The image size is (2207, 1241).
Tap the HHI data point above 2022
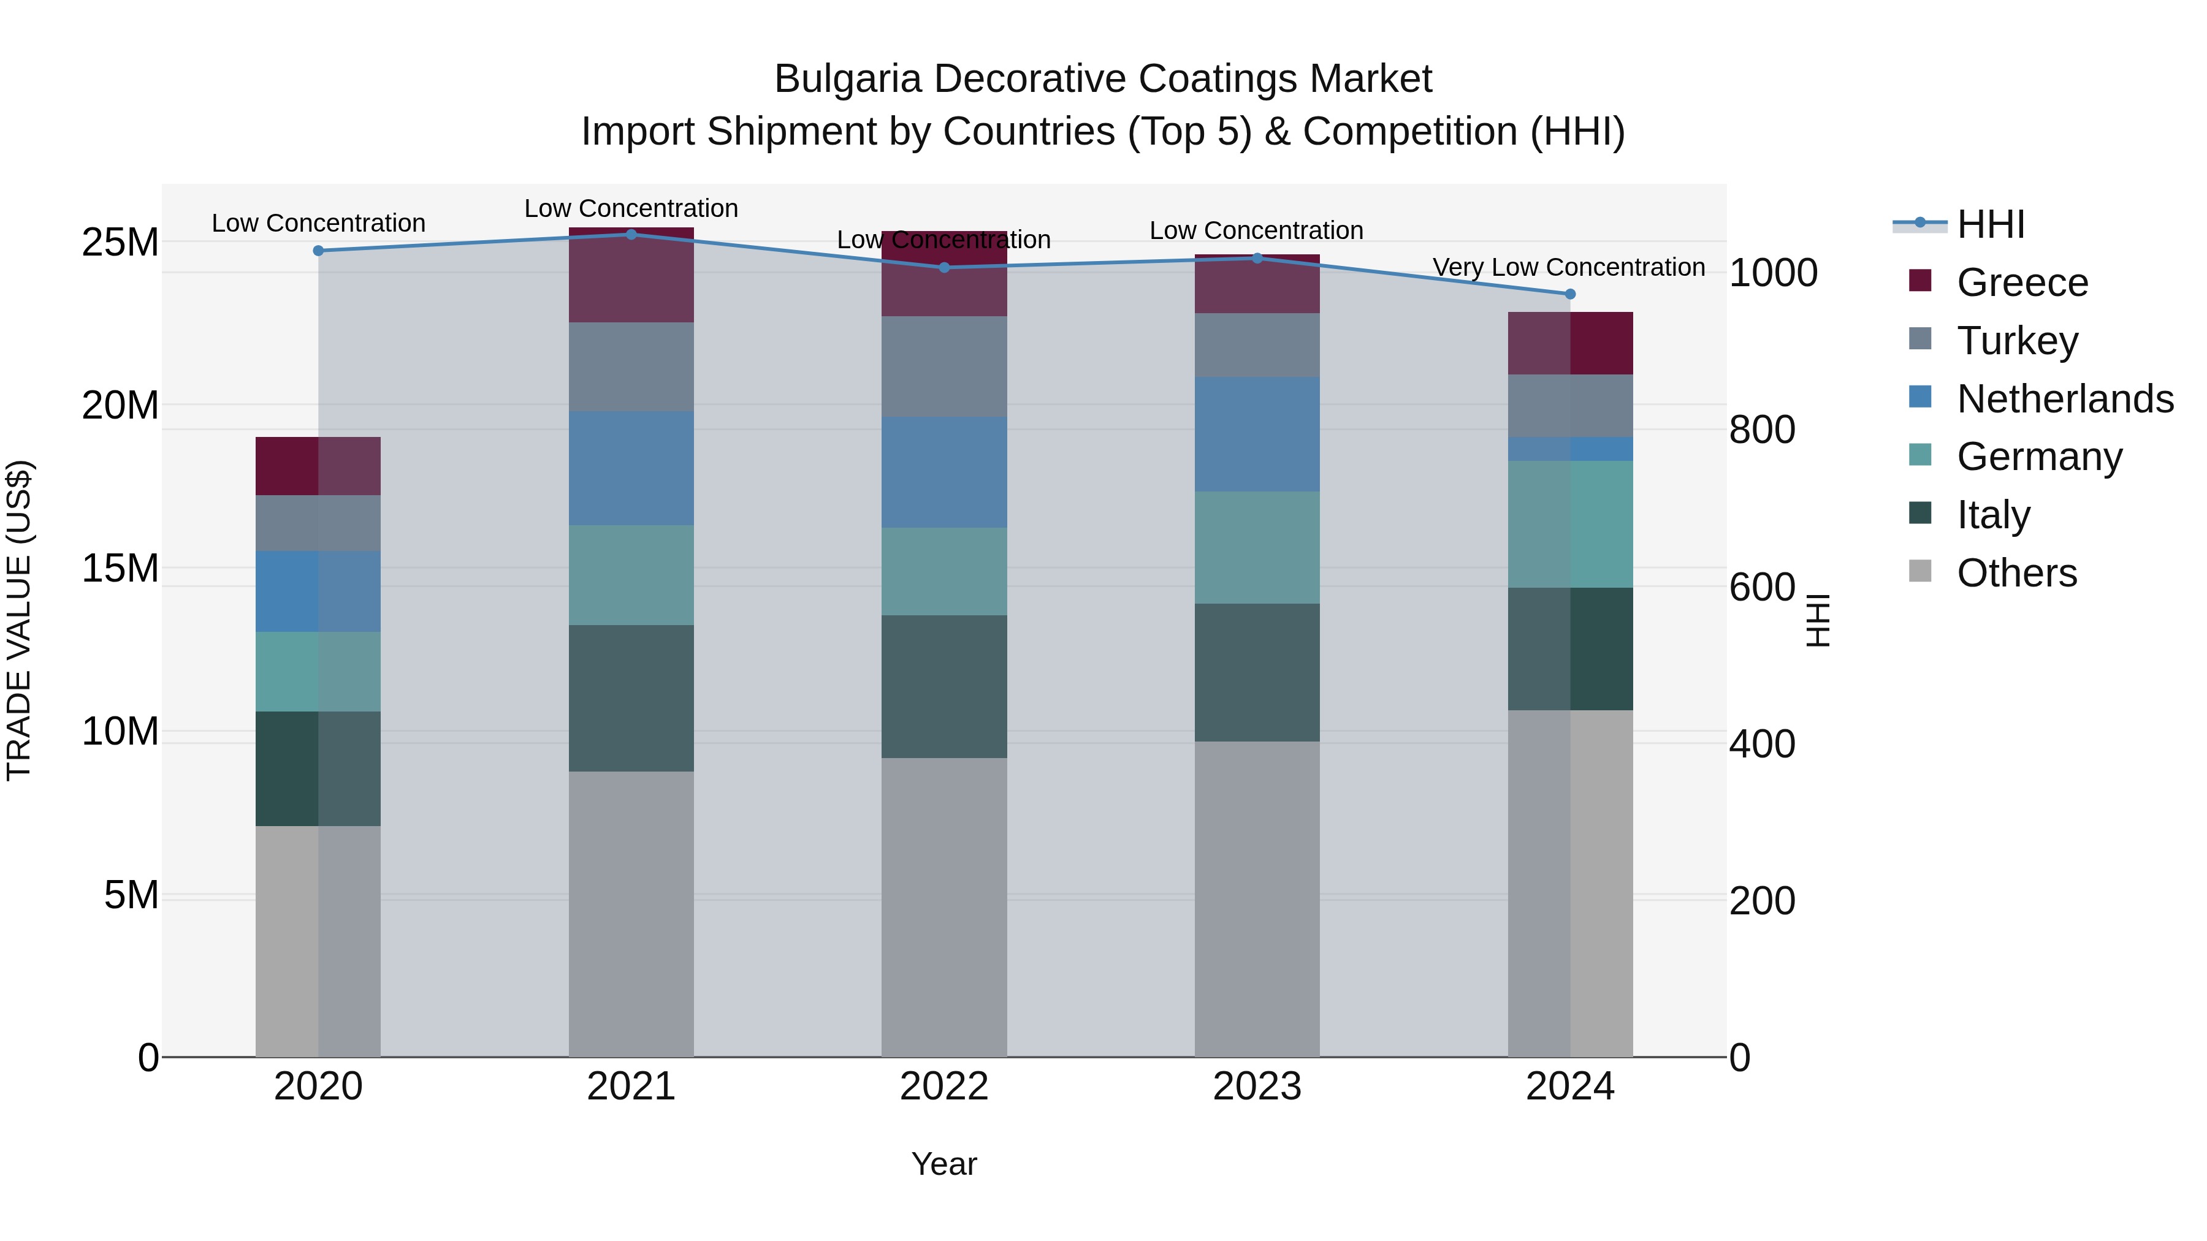[944, 267]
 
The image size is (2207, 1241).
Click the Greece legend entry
[2022, 283]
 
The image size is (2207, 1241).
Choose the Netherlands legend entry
[2065, 399]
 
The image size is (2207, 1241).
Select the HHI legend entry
[1990, 224]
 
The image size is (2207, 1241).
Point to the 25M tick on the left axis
[120, 242]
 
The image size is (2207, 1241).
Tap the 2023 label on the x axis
[1257, 1087]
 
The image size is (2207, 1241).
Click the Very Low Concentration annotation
[1569, 267]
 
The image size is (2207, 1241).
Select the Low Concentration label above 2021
[631, 208]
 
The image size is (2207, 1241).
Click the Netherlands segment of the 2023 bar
[1257, 435]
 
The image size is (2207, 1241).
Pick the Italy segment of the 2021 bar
[631, 698]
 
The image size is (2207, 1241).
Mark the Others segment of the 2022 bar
[944, 907]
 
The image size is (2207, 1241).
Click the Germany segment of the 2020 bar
[318, 672]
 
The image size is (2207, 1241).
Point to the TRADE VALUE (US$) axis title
[19, 620]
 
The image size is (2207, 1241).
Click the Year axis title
[944, 1164]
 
